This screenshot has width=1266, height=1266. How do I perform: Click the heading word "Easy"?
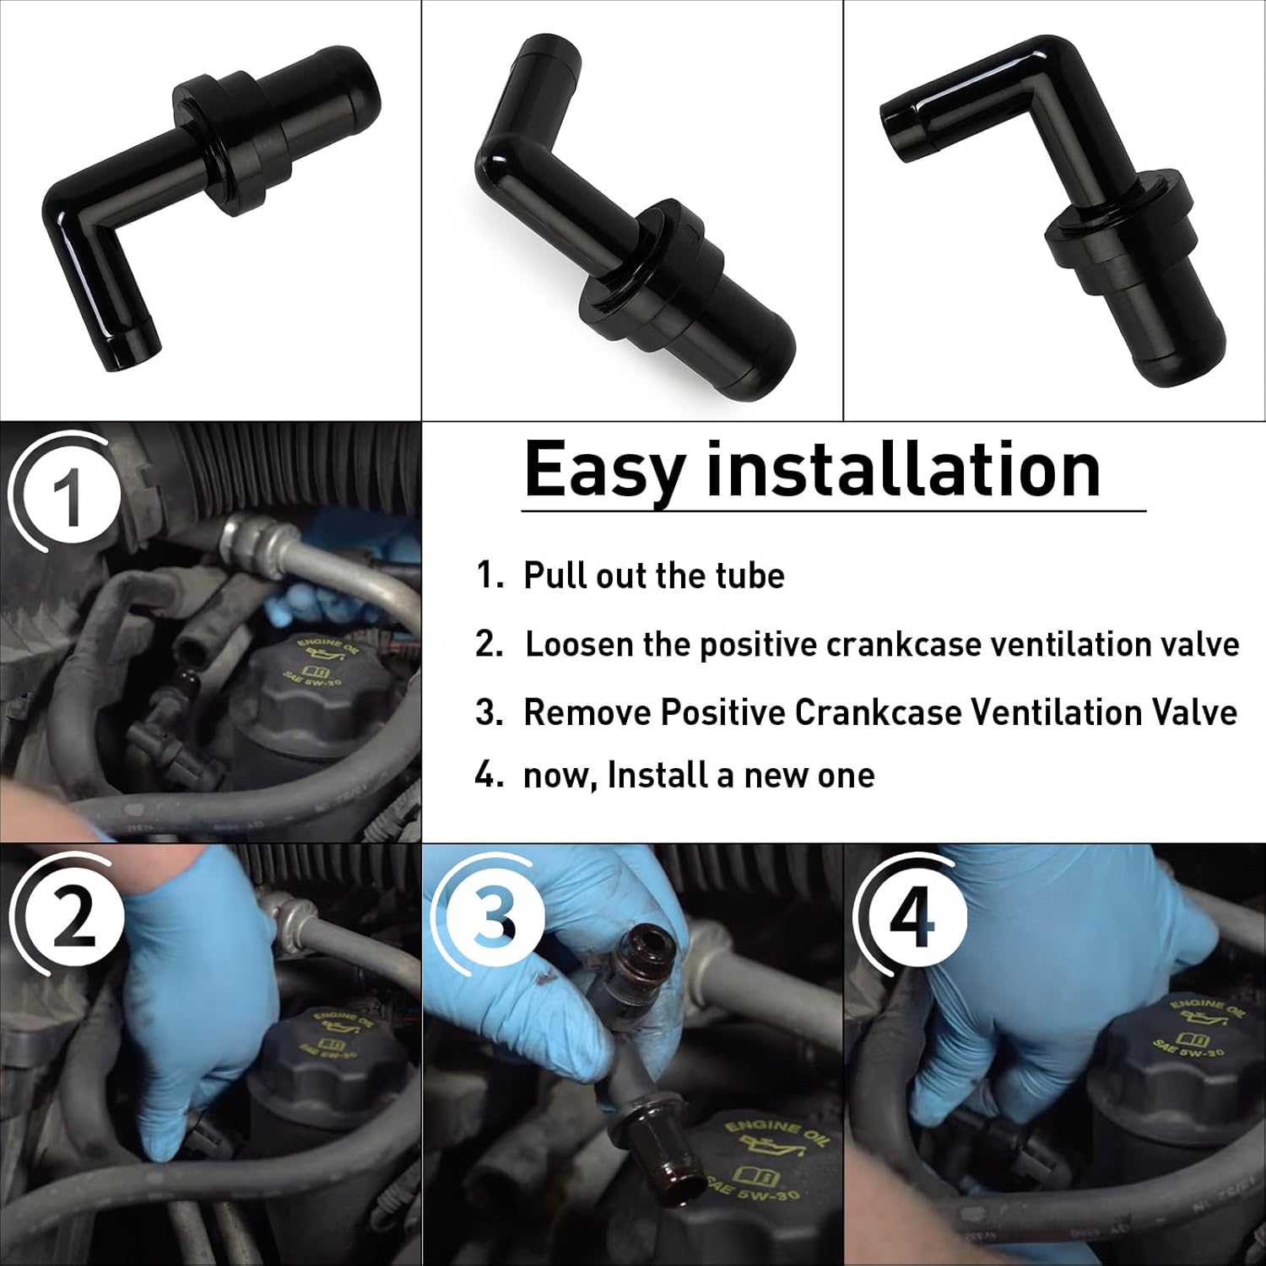(x=602, y=469)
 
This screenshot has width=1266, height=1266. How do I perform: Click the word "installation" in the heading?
(x=903, y=469)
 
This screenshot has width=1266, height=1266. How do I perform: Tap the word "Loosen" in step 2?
(x=579, y=645)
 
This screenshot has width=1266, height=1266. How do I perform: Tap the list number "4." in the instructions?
(x=489, y=775)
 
